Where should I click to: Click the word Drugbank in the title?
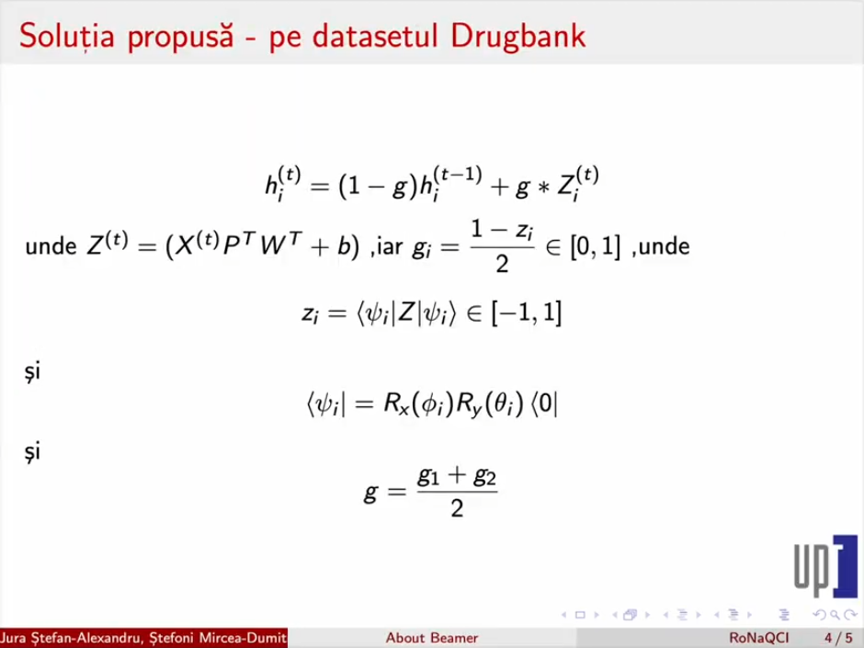(x=518, y=37)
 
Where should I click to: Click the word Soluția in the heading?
(x=67, y=36)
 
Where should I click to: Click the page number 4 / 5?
(x=838, y=638)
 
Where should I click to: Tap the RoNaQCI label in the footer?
(x=759, y=638)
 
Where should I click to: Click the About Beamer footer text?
(x=432, y=638)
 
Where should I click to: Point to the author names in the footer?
(x=143, y=638)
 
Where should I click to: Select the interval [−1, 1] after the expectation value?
(x=527, y=313)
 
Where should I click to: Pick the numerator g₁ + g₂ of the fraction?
(x=457, y=475)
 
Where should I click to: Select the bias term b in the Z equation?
(x=344, y=245)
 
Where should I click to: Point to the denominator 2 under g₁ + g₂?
(x=457, y=507)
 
